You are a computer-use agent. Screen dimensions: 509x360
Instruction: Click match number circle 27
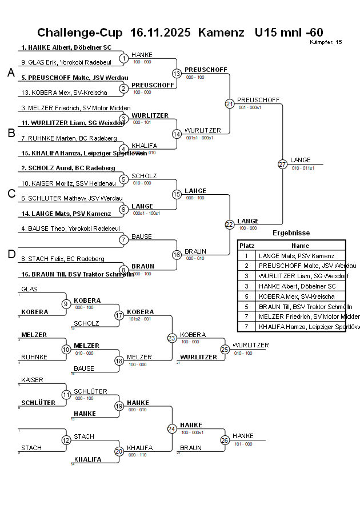(282, 165)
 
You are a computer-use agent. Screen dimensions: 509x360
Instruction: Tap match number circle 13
(177, 74)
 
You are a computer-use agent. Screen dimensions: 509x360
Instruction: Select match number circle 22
(229, 225)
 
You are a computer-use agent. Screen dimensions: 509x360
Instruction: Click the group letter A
(11, 73)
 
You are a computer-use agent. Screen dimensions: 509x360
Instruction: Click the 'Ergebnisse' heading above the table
(291, 233)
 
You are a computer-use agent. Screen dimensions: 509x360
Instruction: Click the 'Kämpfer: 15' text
(326, 42)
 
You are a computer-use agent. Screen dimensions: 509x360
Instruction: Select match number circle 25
(225, 349)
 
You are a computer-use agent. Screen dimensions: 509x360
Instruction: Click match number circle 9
(66, 304)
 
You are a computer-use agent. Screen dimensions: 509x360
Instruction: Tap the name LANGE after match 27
(301, 160)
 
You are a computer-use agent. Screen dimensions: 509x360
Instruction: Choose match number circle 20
(119, 451)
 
